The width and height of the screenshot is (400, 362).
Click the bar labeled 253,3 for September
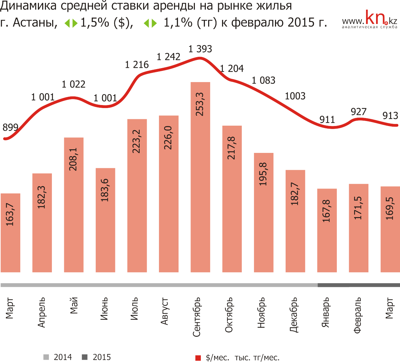(200, 177)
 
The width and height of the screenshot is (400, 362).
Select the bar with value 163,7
(10, 233)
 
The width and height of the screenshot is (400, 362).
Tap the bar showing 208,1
(73, 205)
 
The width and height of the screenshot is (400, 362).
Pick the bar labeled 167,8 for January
(327, 230)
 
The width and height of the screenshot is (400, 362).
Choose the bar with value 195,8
(264, 212)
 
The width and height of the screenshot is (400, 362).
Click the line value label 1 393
(200, 49)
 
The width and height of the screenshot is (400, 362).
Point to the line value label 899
(10, 127)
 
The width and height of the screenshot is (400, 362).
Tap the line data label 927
(358, 112)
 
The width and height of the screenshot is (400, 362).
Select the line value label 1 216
(137, 65)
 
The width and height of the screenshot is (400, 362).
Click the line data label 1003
(295, 96)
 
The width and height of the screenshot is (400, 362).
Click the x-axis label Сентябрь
(197, 317)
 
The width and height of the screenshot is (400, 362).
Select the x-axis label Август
(165, 311)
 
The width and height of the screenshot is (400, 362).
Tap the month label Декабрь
(294, 314)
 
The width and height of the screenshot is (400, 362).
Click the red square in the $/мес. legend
(198, 358)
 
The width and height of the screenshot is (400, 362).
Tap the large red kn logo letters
(376, 18)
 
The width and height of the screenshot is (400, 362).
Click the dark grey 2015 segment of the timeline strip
(358, 285)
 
